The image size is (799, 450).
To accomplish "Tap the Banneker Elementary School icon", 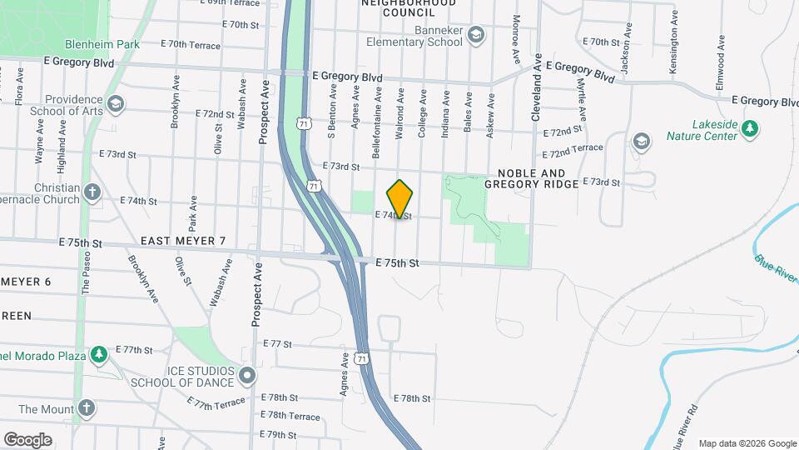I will click(475, 34).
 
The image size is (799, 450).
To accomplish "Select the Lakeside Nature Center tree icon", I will click(751, 127).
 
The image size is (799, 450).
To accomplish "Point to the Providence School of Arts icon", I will click(116, 104).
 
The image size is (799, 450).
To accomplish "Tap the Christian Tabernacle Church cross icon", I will click(92, 193).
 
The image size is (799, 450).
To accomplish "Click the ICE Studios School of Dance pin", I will click(246, 376).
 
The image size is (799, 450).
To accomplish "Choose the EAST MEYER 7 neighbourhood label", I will click(183, 241).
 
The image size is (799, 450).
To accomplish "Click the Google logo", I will click(27, 440).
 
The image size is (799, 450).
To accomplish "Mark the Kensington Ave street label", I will click(673, 51).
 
